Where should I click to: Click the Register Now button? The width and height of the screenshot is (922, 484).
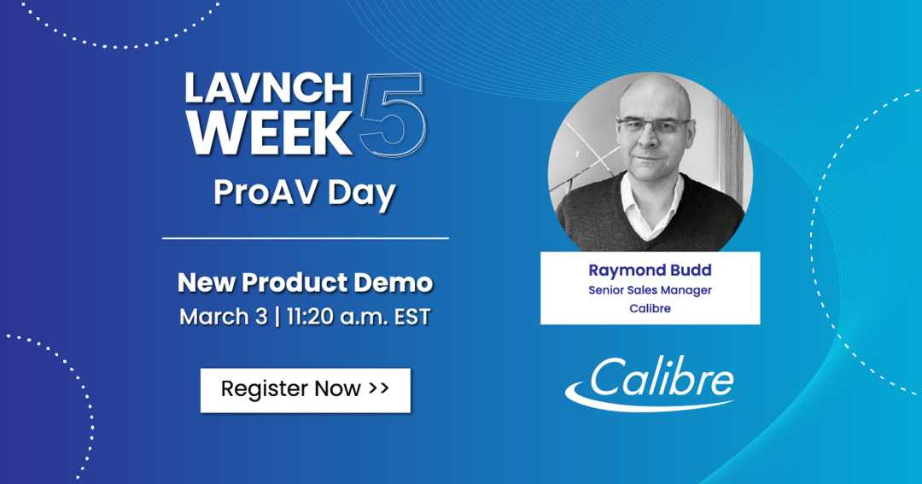click(305, 389)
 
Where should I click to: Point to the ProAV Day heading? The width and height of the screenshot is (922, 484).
click(304, 193)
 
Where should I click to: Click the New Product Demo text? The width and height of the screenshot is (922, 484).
click(305, 282)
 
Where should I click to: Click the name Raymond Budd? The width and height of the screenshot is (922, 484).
click(650, 270)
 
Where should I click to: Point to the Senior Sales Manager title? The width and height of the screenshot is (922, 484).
click(650, 290)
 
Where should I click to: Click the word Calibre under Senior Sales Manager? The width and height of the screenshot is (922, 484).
click(650, 309)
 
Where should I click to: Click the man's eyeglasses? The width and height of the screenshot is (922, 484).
click(652, 125)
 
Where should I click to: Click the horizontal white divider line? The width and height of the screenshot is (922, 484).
click(305, 238)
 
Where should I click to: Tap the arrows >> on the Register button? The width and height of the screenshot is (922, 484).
click(379, 388)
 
